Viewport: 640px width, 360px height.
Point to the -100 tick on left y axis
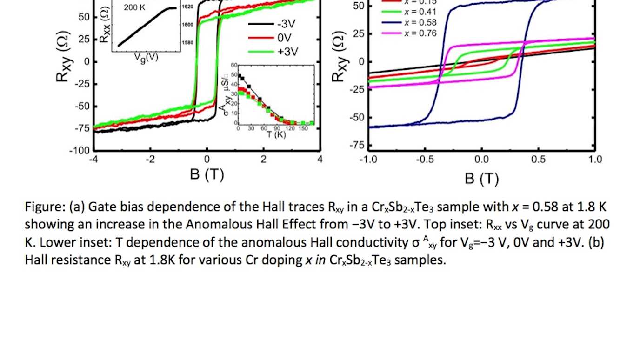(80, 151)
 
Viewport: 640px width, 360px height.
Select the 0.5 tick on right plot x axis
(538, 160)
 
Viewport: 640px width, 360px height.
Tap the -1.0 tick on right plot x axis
(367, 160)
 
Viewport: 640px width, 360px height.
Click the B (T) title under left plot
(207, 175)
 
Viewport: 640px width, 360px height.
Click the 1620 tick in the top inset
(187, 7)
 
